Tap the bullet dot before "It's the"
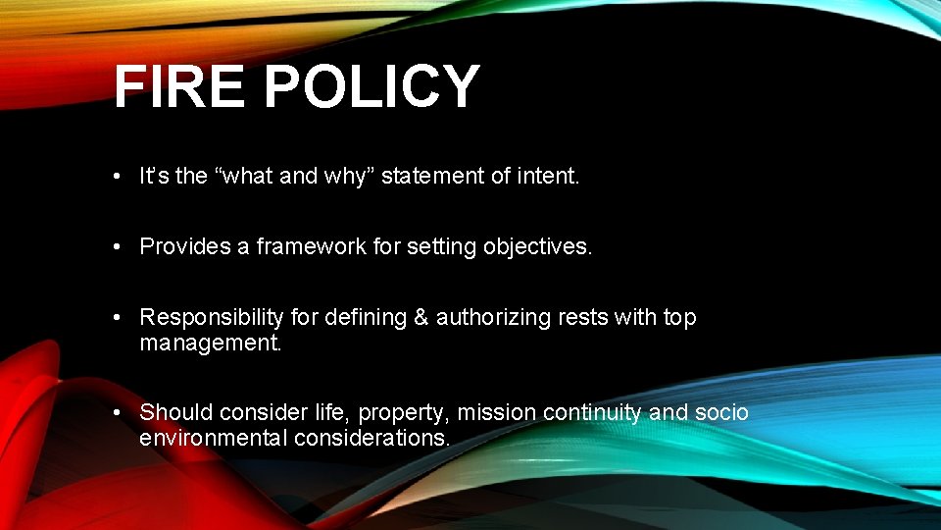coord(117,177)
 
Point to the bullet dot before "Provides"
coord(117,247)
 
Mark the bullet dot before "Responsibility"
coord(117,318)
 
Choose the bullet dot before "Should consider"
coord(117,412)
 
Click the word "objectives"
coord(538,247)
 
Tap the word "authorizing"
coord(496,318)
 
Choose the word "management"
coord(210,343)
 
